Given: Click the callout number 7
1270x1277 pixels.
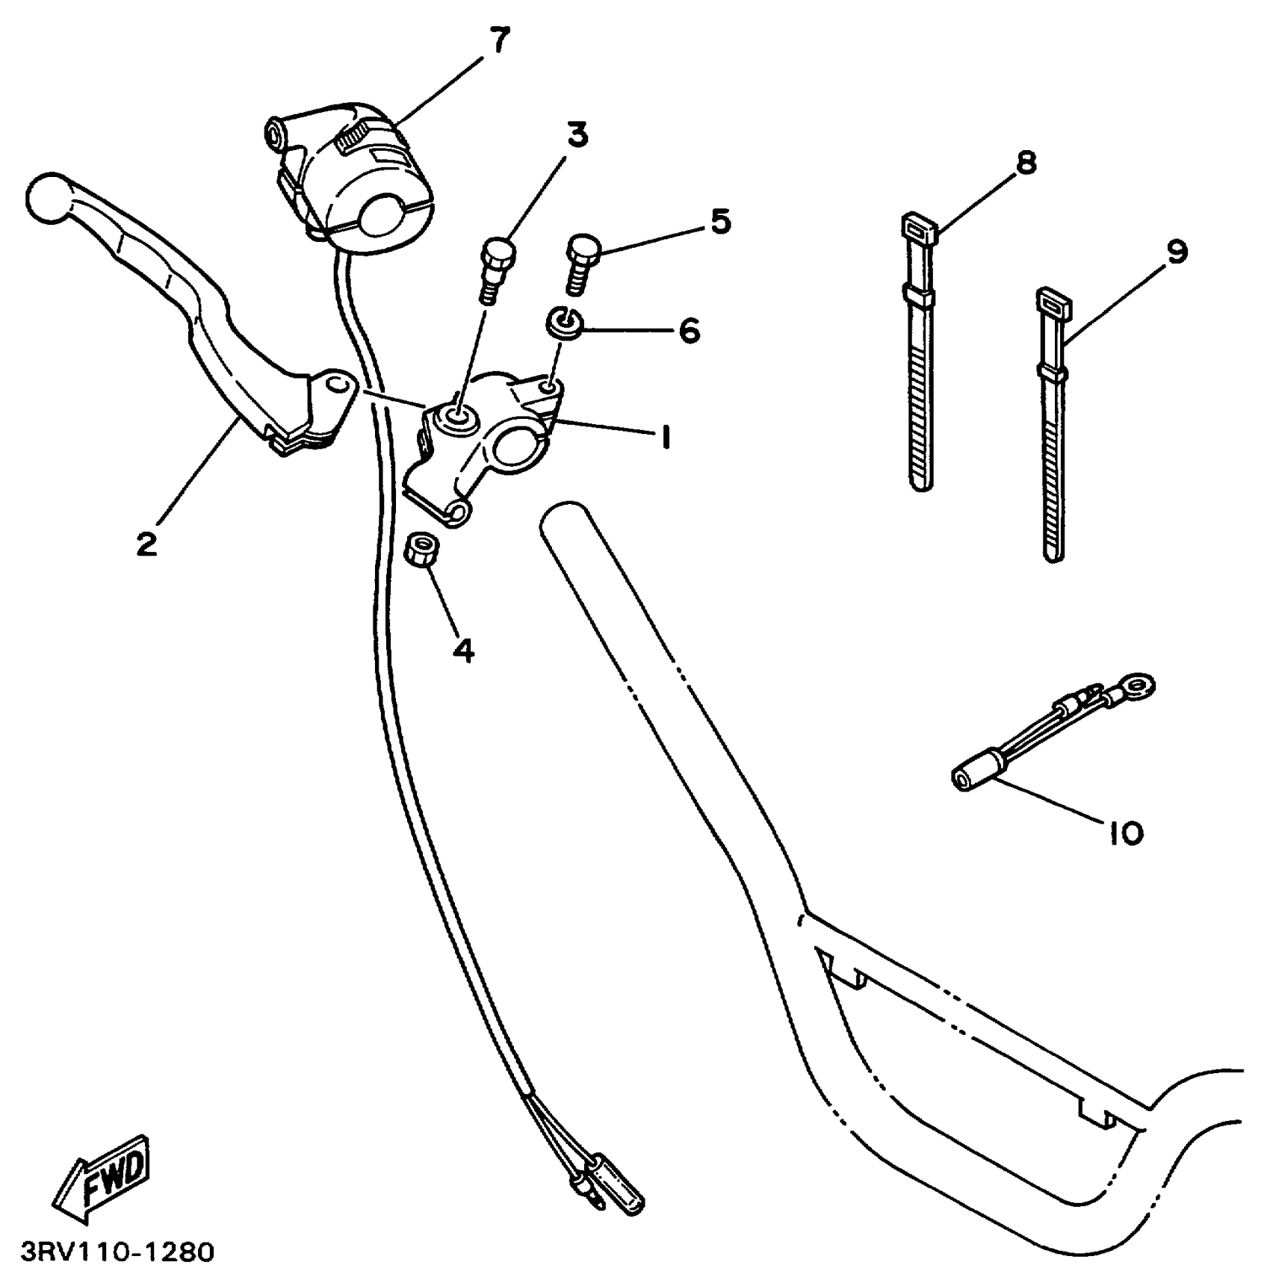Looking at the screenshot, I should click(499, 40).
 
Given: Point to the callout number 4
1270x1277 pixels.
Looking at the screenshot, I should click(464, 650).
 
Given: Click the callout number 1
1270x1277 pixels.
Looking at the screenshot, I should click(665, 437).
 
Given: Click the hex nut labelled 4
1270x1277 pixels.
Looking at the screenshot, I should click(422, 552).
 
